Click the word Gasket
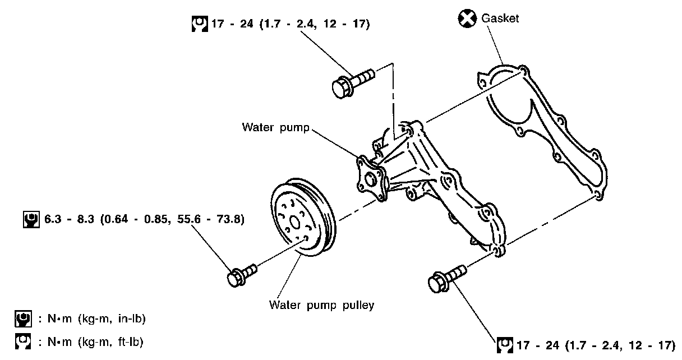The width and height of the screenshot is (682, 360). (500, 19)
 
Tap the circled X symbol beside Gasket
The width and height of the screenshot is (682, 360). (467, 19)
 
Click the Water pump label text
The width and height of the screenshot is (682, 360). (275, 127)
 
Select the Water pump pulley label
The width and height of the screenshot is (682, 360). (321, 305)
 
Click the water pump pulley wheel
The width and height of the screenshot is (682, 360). (302, 219)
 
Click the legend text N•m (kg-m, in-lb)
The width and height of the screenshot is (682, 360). (92, 319)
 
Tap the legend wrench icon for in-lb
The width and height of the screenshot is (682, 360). (22, 319)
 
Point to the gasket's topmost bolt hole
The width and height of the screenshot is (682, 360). (523, 70)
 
